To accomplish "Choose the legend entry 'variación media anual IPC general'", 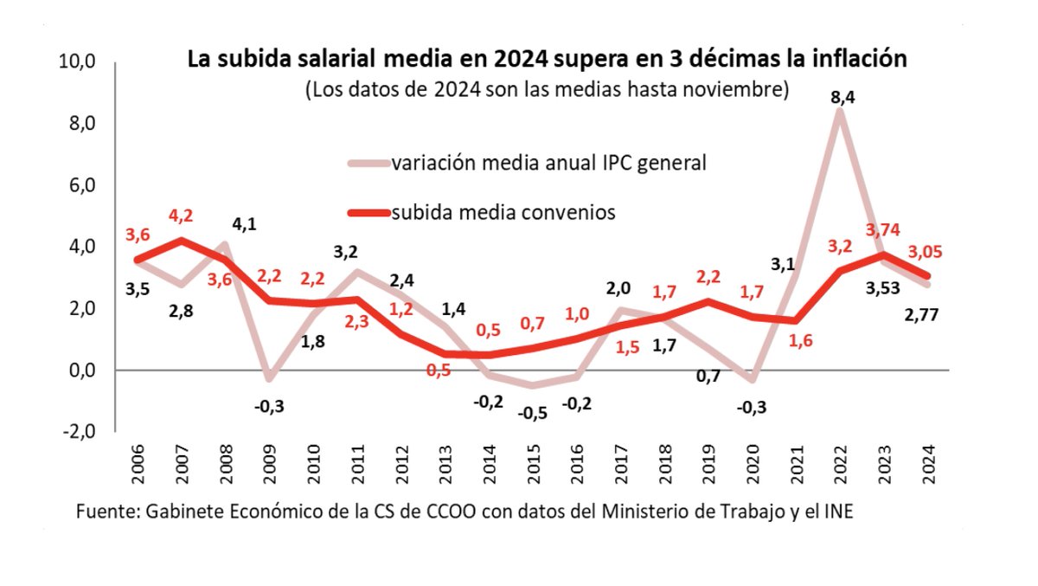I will (548, 163).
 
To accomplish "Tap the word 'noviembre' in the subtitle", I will (745, 89).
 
